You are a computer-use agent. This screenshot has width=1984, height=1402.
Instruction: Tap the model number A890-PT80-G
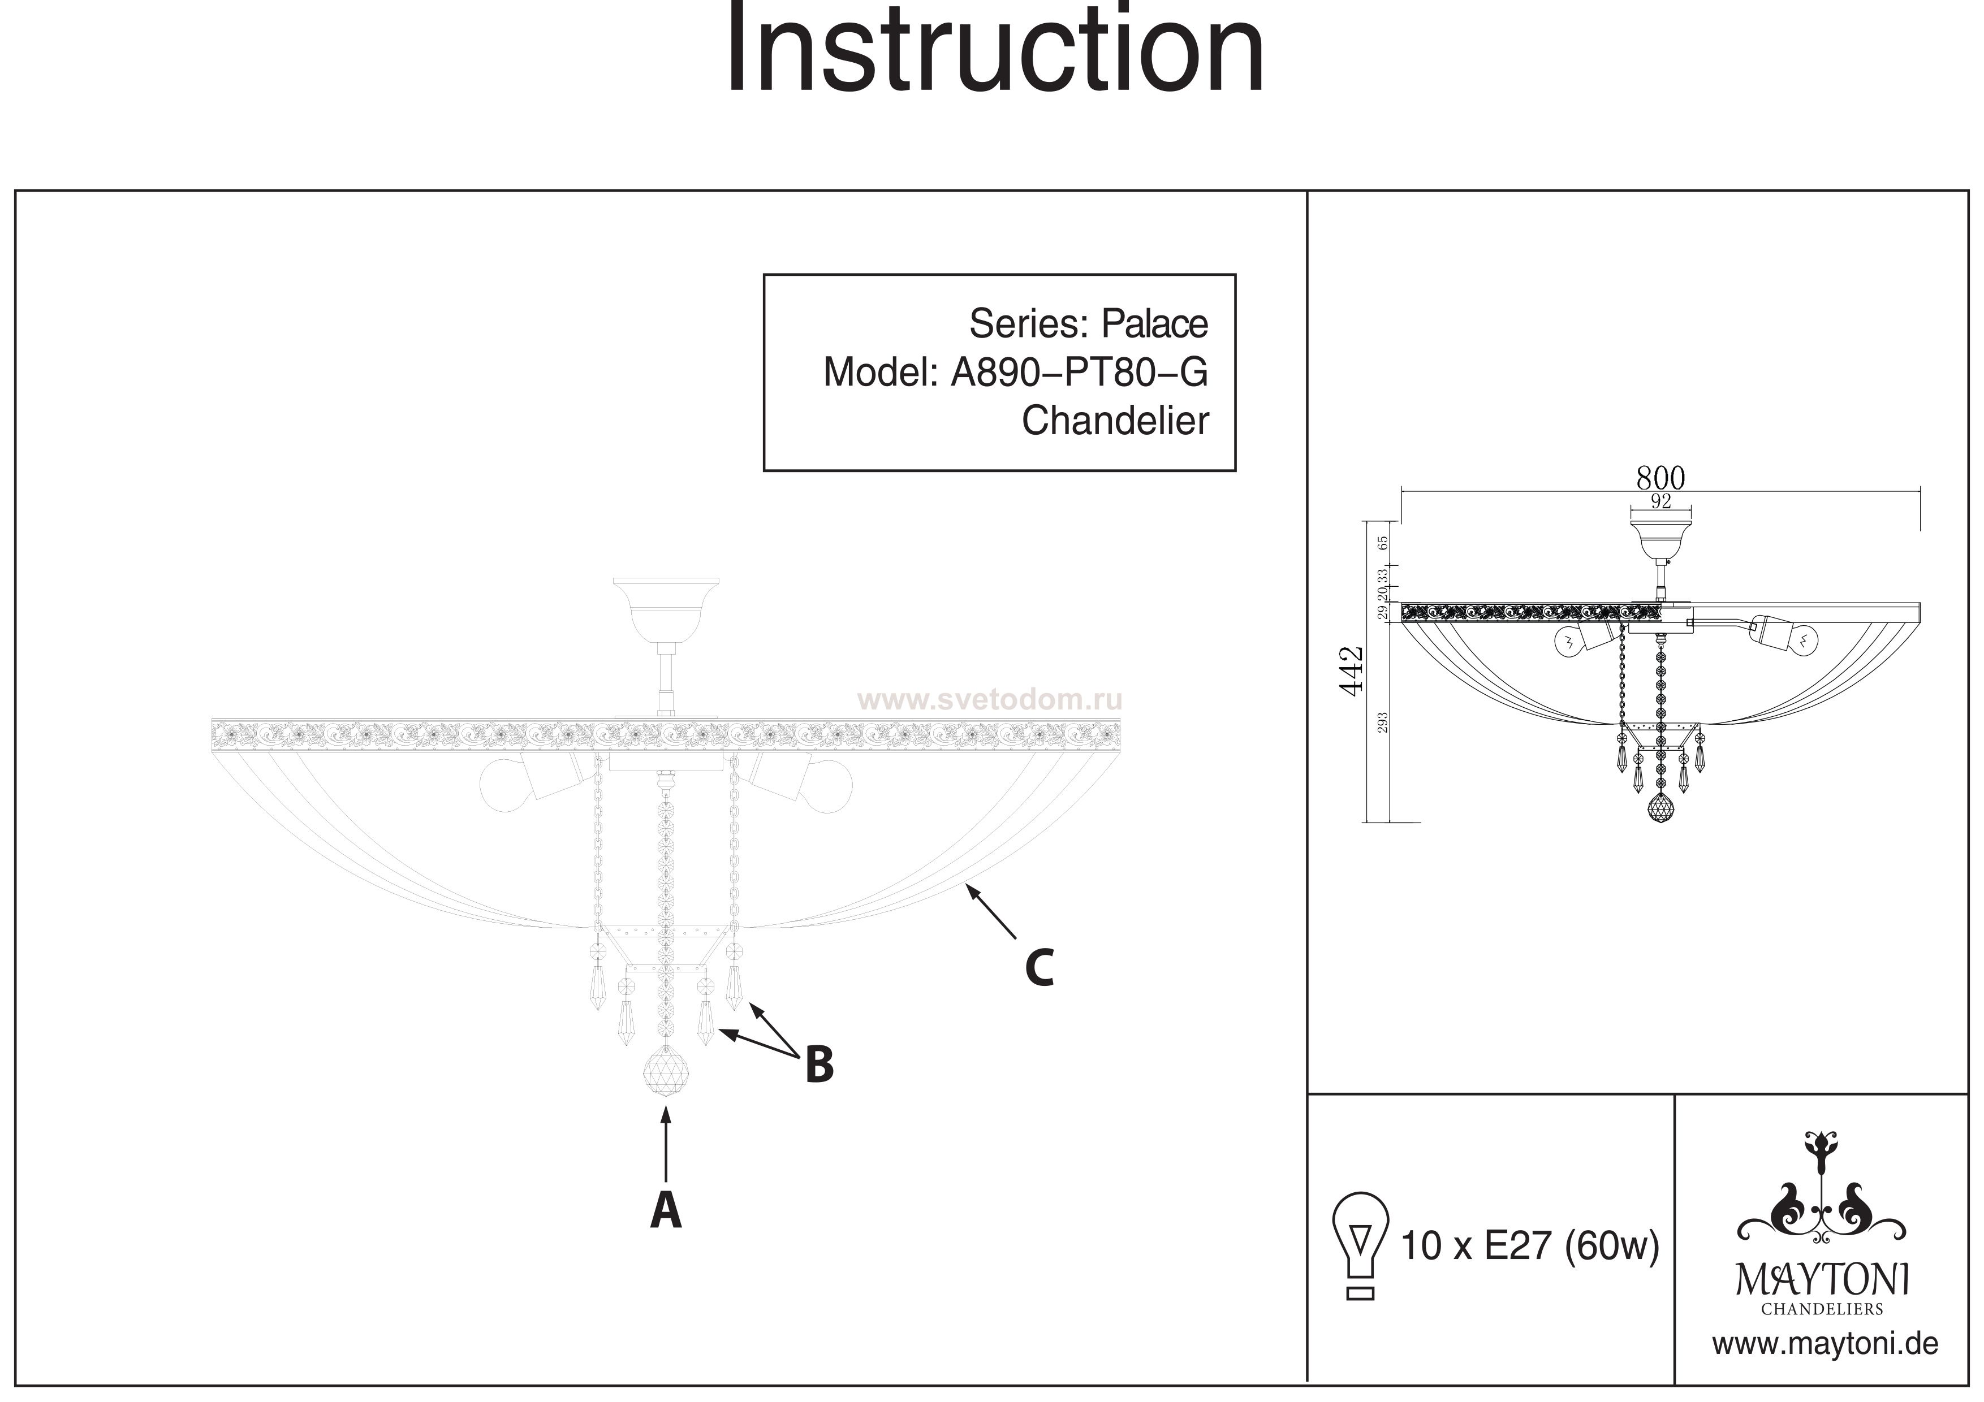1079,373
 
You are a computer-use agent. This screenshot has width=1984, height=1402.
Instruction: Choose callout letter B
818,1065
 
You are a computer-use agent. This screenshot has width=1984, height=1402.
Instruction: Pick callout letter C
1039,968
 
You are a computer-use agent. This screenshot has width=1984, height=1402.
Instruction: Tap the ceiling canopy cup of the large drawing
665,607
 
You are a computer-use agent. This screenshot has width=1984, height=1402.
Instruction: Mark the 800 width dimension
1660,478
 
